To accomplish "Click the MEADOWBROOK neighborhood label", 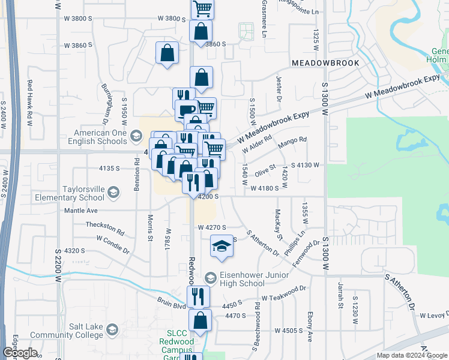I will [325, 63].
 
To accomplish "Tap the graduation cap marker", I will [221, 246].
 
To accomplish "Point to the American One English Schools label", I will [99, 137].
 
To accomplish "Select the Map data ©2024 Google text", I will [412, 355].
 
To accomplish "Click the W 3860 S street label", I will [78, 45].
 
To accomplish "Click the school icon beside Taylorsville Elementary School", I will [113, 192].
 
